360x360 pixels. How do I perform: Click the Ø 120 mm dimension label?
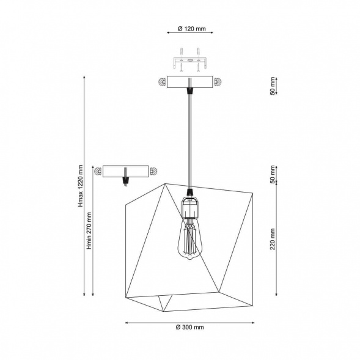192,29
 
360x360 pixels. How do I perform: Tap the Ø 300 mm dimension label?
190,327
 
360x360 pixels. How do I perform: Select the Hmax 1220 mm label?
80,186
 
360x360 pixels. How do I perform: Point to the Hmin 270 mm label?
89,230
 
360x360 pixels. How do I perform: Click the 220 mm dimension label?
273,239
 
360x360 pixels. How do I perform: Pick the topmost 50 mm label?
273,86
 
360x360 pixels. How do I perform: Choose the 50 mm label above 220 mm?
273,174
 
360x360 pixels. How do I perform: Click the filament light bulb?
189,238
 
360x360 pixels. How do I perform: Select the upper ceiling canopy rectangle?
190,82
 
